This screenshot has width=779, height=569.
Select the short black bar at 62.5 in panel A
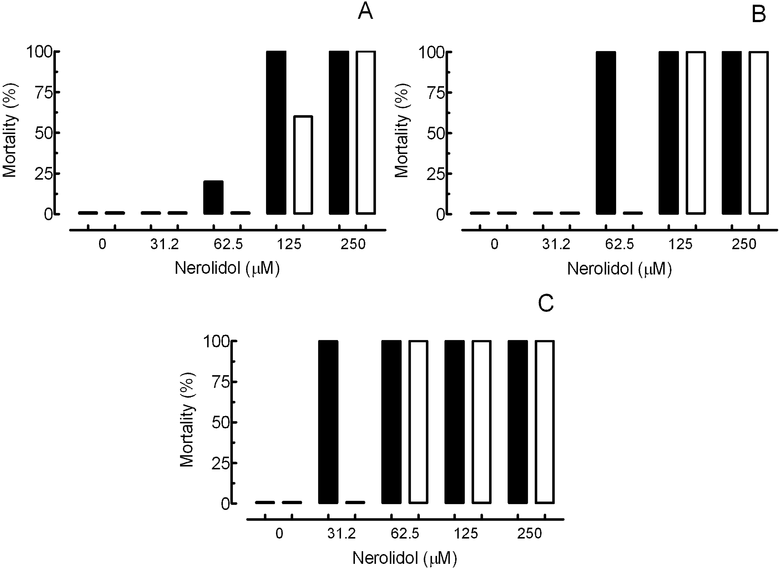tap(213, 197)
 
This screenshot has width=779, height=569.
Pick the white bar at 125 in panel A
tap(303, 165)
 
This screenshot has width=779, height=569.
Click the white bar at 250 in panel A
tap(366, 133)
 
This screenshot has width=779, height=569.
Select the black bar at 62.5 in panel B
tap(606, 133)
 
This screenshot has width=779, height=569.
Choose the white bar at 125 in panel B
tap(696, 133)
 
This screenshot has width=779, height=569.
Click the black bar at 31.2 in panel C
tap(328, 422)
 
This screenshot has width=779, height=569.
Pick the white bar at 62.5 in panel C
tap(418, 422)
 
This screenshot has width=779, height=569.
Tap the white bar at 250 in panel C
tap(544, 422)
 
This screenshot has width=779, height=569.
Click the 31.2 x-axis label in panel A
tap(164, 245)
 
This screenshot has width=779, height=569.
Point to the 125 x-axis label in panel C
tap(466, 534)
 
